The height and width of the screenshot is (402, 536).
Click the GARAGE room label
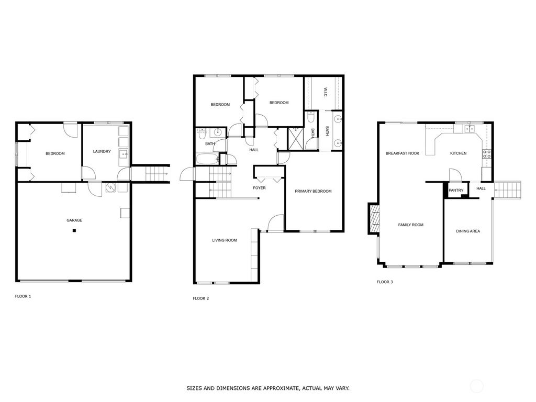pyautogui.click(x=74, y=220)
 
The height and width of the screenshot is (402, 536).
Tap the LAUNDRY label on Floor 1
pyautogui.click(x=102, y=152)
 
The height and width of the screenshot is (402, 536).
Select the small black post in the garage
pyautogui.click(x=74, y=230)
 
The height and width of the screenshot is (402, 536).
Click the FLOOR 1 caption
pyautogui.click(x=23, y=296)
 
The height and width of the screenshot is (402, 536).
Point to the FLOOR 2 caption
pyautogui.click(x=200, y=298)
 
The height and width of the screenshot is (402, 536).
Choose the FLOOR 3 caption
pyautogui.click(x=385, y=282)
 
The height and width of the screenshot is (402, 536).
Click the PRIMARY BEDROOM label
pyautogui.click(x=313, y=191)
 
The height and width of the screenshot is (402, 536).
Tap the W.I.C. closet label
pyautogui.click(x=325, y=92)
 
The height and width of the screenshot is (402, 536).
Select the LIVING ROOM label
pyautogui.click(x=224, y=240)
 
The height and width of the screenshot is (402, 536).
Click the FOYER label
pyautogui.click(x=259, y=187)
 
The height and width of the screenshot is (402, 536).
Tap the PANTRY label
pyautogui.click(x=456, y=191)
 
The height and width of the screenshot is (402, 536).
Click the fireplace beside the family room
pyautogui.click(x=374, y=218)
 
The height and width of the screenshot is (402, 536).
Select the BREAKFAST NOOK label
pyautogui.click(x=403, y=153)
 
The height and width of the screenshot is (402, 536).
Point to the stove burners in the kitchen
pyautogui.click(x=486, y=154)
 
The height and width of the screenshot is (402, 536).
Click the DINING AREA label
pyautogui.click(x=468, y=231)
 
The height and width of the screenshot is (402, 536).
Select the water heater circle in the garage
pyautogui.click(x=110, y=187)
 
